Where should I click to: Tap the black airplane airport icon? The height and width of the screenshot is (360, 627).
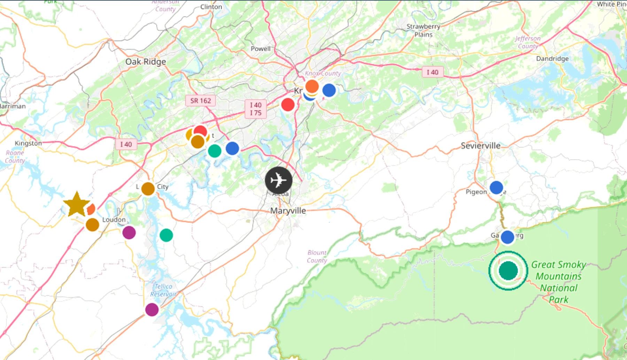[x=278, y=180]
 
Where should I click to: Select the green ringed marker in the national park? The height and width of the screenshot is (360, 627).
[x=508, y=271]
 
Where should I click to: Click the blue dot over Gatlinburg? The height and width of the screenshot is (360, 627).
[x=507, y=237]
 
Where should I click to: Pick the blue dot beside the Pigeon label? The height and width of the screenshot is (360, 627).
[x=496, y=188]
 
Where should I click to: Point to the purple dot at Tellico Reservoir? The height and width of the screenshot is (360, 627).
[x=152, y=309]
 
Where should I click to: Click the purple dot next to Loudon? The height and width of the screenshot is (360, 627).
[x=129, y=232]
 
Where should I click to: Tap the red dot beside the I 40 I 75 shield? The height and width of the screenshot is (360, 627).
[x=288, y=104]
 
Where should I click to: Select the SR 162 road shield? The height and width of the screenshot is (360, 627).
[x=200, y=101]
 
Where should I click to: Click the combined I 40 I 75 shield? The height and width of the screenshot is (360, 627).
[x=256, y=109]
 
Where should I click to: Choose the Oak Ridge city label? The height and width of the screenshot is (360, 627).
[x=146, y=62]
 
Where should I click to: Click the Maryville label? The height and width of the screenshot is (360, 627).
[x=288, y=211]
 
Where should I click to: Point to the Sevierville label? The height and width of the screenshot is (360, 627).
[x=480, y=146]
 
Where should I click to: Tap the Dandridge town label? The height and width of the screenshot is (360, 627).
[x=552, y=58]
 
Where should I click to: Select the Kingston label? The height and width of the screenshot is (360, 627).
[x=28, y=143]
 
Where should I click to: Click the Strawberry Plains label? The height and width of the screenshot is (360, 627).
[x=423, y=30]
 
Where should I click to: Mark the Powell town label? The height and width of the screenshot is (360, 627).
[x=261, y=49]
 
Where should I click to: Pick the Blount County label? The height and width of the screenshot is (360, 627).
[x=317, y=256]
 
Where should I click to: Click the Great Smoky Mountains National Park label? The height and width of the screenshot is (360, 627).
[x=559, y=282]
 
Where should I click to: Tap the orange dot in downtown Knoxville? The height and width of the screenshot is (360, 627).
[x=312, y=86]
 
